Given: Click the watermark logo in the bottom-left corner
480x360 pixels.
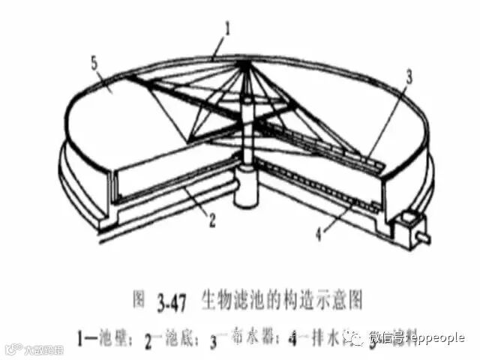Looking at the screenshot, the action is [34, 349].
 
